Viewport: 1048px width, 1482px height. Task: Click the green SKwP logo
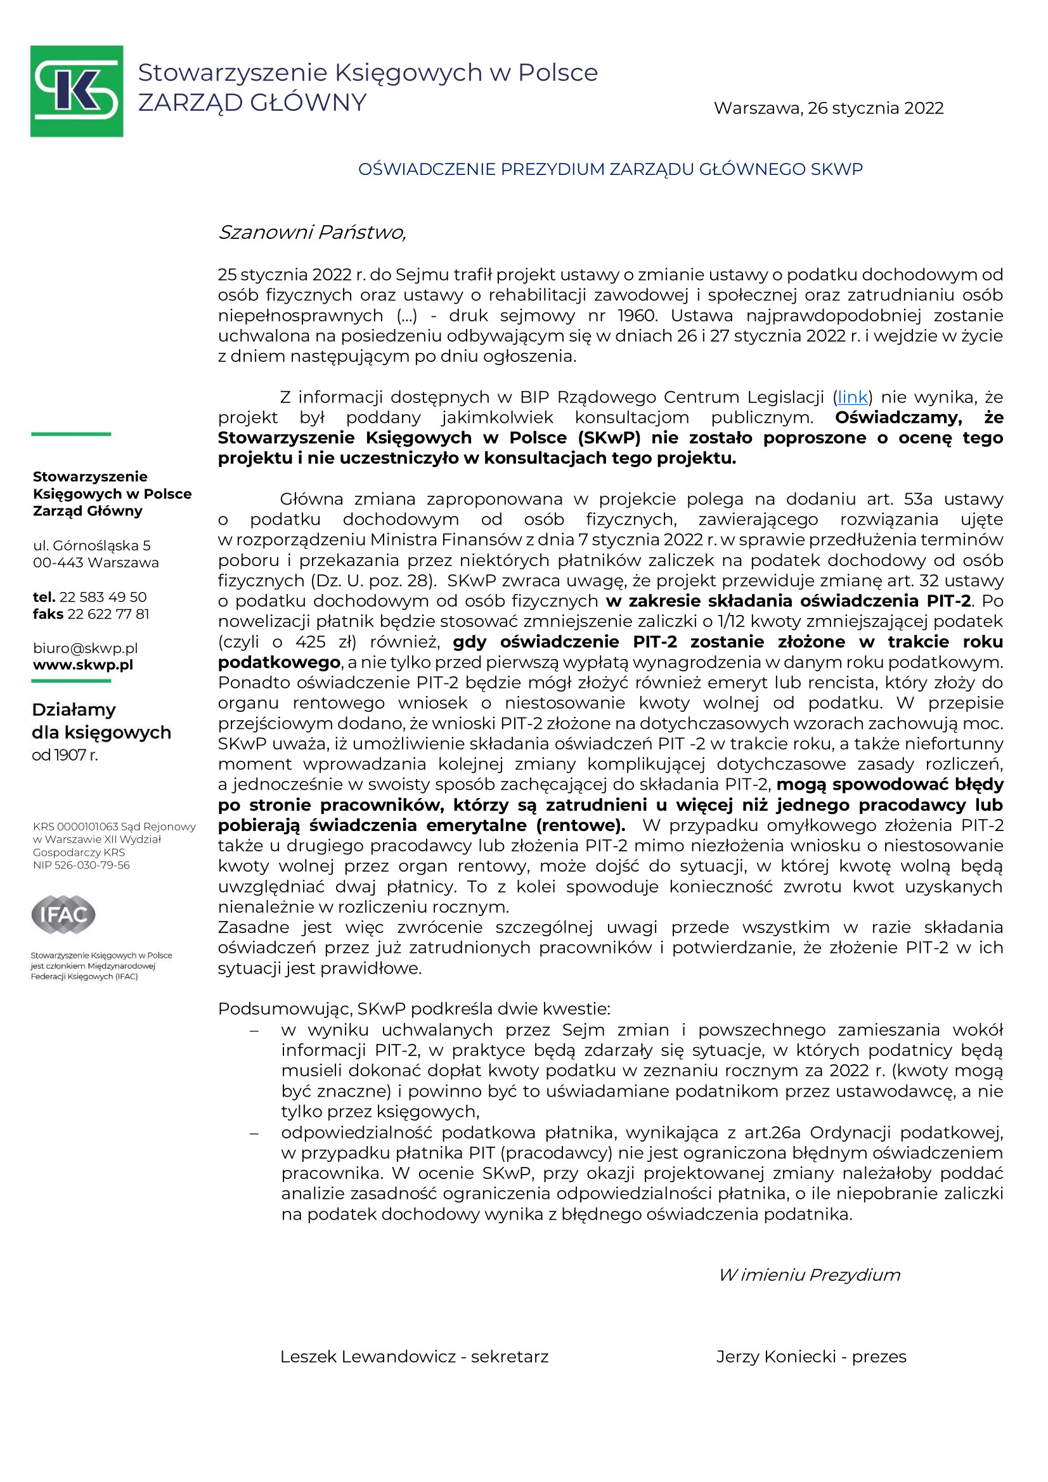(x=76, y=91)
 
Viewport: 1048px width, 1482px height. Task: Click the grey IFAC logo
(x=63, y=914)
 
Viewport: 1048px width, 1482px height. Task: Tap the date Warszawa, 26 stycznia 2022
(x=828, y=108)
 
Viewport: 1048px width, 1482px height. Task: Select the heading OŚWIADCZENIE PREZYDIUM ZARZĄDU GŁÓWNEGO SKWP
(x=609, y=169)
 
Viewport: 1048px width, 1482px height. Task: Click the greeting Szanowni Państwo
(x=312, y=233)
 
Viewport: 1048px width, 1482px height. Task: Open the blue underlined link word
(x=851, y=397)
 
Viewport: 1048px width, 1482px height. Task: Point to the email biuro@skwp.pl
(x=85, y=648)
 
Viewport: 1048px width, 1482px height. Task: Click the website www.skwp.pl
(x=82, y=665)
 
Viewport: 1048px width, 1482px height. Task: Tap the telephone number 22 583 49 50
(x=103, y=597)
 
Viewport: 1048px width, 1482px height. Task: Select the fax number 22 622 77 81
(x=108, y=614)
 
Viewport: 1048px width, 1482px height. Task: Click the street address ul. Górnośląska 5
(x=92, y=545)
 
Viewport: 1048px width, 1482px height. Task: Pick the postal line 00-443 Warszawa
(x=96, y=562)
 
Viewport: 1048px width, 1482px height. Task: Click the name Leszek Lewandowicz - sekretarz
(x=414, y=1356)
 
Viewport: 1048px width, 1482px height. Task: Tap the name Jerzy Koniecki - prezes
(x=810, y=1356)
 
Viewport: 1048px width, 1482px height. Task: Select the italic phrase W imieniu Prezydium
(x=809, y=1275)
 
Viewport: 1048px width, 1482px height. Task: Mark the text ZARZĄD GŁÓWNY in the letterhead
(x=252, y=103)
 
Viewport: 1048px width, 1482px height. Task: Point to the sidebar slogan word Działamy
(x=74, y=709)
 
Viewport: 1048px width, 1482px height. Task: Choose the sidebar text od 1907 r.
(x=65, y=754)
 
